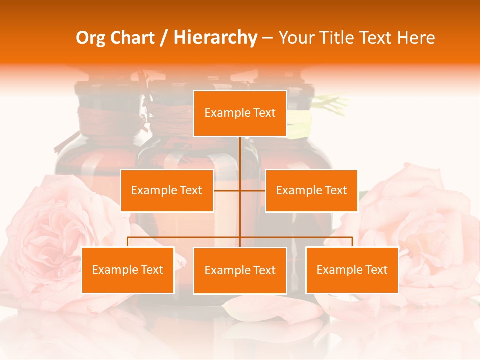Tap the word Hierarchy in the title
point(215,38)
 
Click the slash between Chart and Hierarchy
point(163,38)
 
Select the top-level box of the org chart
point(240,113)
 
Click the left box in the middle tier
point(167,190)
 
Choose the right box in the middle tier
point(311,190)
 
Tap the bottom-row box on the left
point(128,270)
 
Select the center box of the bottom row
point(240,270)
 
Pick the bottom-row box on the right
point(352,270)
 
